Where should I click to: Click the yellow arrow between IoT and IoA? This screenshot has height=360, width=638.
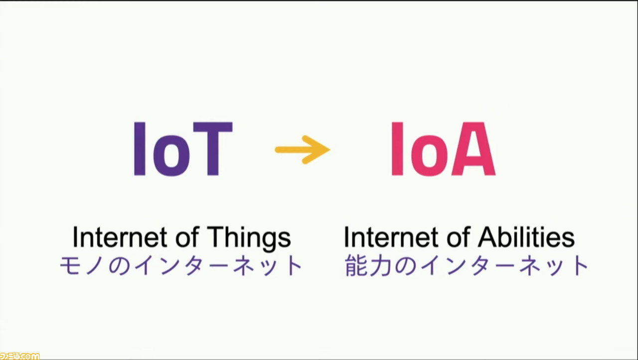pyautogui.click(x=303, y=150)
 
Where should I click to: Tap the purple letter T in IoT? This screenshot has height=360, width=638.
pyautogui.click(x=213, y=149)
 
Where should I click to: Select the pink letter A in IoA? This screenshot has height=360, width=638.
pyautogui.click(x=474, y=149)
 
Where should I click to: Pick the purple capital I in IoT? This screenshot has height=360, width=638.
pyautogui.click(x=140, y=149)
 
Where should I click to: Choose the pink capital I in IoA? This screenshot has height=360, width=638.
pyautogui.click(x=397, y=149)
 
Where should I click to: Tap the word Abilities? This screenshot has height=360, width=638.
pyautogui.click(x=526, y=237)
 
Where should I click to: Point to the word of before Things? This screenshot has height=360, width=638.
pyautogui.click(x=187, y=237)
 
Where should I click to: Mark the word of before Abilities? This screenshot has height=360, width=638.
pyautogui.click(x=459, y=237)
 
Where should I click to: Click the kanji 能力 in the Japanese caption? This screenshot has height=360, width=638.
pyautogui.click(x=368, y=265)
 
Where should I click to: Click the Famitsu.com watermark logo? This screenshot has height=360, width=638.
pyautogui.click(x=19, y=356)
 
